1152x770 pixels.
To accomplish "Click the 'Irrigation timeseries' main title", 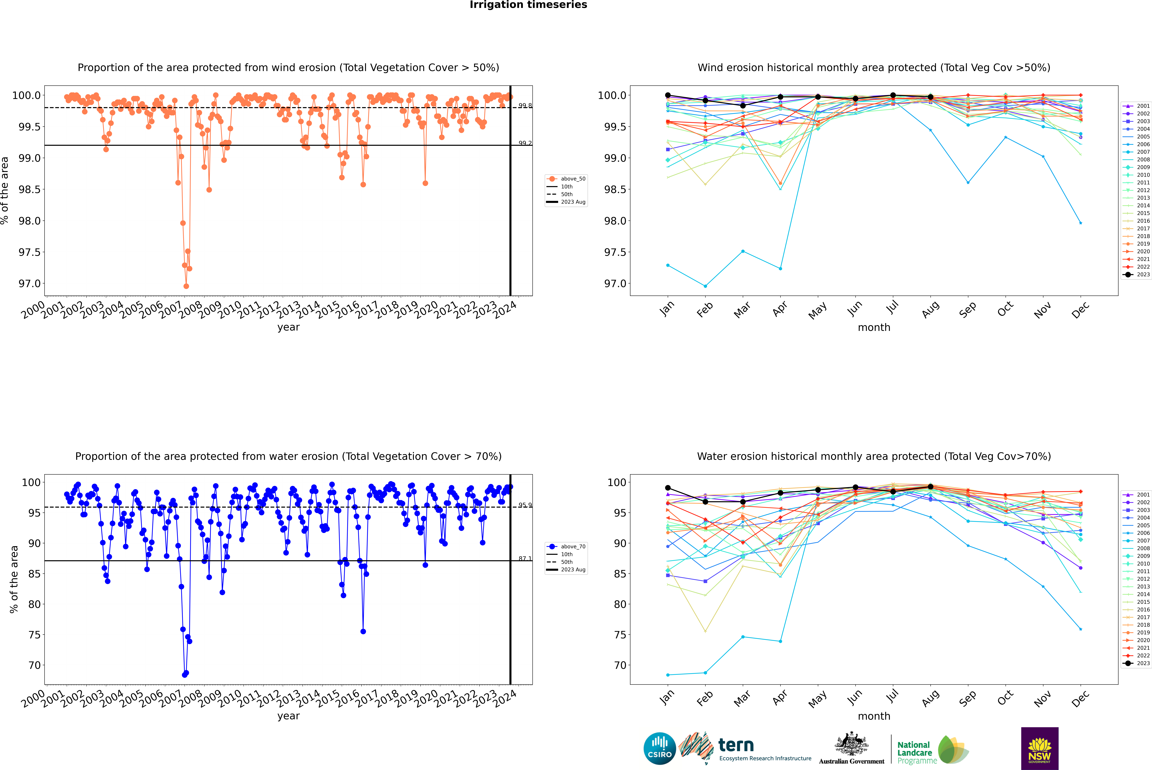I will [x=528, y=5].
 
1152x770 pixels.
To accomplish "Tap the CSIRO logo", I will [x=660, y=748].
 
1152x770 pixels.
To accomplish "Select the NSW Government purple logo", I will [x=1040, y=748].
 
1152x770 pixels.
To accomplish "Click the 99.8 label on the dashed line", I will [x=525, y=106].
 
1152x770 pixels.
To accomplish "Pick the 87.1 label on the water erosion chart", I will [x=525, y=559].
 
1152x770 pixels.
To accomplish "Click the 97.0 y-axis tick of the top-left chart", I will [x=29, y=284].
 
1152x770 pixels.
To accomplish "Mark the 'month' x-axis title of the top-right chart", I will [x=874, y=328].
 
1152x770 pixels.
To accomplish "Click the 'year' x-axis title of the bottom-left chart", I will [x=288, y=716].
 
